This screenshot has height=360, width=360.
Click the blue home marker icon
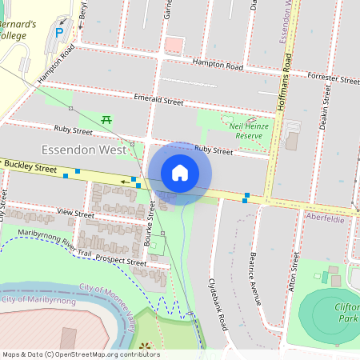[x=180, y=173]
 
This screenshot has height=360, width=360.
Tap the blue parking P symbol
[x=59, y=33]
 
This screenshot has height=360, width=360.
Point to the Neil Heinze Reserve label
[x=246, y=131]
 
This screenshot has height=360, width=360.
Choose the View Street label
[x=76, y=213]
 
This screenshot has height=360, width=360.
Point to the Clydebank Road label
[x=218, y=304]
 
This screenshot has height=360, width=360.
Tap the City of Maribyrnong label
[x=38, y=299]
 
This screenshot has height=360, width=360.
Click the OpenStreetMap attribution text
[x=80, y=354]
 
